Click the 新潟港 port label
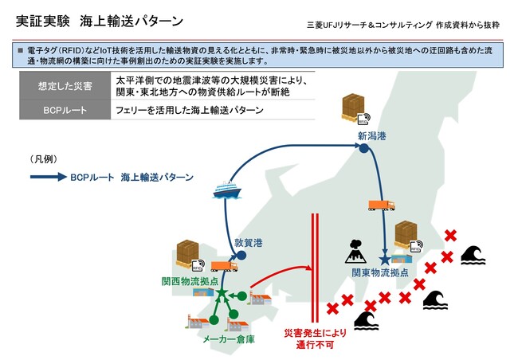371,136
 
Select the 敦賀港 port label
249,241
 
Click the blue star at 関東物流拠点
385,259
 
